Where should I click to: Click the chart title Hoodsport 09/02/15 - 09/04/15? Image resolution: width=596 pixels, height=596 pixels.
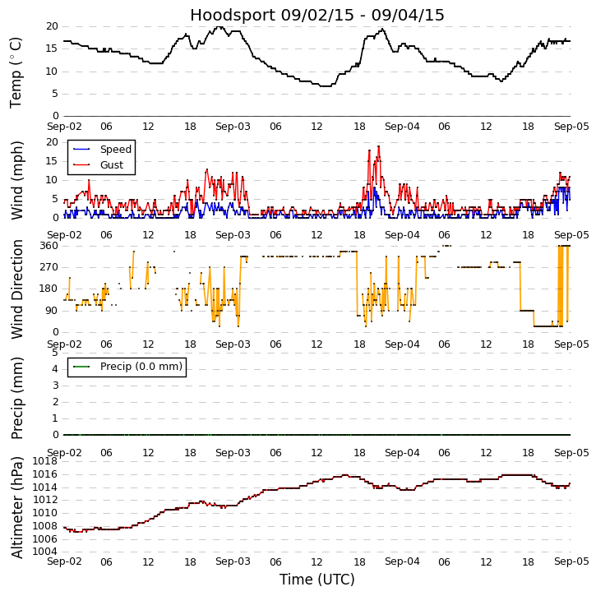[x=316, y=15]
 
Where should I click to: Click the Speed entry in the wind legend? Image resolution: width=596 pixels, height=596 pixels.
[x=115, y=150]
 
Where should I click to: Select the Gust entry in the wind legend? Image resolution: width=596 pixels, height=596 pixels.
[x=111, y=165]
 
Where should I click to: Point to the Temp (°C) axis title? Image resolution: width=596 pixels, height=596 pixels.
[x=16, y=72]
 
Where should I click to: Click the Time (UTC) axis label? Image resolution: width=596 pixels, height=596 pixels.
[x=316, y=580]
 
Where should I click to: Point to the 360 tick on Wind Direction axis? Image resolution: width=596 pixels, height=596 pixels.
[x=49, y=246]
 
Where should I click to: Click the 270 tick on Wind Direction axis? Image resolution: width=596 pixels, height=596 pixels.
[x=49, y=267]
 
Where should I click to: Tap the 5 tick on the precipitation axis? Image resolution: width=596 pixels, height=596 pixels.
[x=54, y=353]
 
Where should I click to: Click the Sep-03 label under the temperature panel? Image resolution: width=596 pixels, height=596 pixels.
[x=233, y=127]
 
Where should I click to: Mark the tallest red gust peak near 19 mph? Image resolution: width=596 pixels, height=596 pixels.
[x=378, y=146]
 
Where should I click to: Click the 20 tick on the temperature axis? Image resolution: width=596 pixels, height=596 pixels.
[x=52, y=26]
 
